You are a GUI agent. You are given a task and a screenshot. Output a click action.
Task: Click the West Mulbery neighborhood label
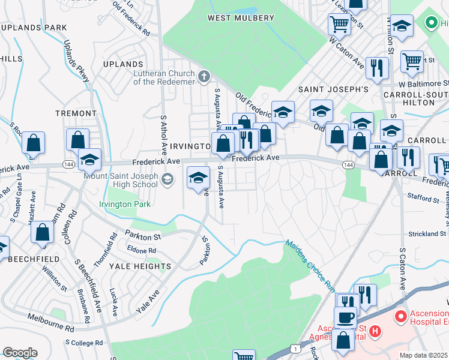[x=241, y=18]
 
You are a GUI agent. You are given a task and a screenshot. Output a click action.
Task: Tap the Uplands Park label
[x=33, y=28]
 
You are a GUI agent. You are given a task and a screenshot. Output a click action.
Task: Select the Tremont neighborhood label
[x=76, y=113]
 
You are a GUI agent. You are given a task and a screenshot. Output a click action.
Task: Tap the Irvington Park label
[x=126, y=204]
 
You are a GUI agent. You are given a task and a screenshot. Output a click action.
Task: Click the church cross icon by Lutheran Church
[x=205, y=76]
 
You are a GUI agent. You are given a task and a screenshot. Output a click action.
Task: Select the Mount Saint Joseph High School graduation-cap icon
[x=167, y=178]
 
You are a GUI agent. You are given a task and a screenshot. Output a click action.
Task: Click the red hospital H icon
[x=375, y=331]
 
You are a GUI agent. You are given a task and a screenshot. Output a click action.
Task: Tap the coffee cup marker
[x=345, y=317]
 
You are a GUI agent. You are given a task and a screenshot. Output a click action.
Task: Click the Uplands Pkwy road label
[x=76, y=62]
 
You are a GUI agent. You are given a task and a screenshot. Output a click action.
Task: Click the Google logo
[x=20, y=353]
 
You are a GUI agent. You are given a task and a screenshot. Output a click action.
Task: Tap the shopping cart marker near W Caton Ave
[x=339, y=25]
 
